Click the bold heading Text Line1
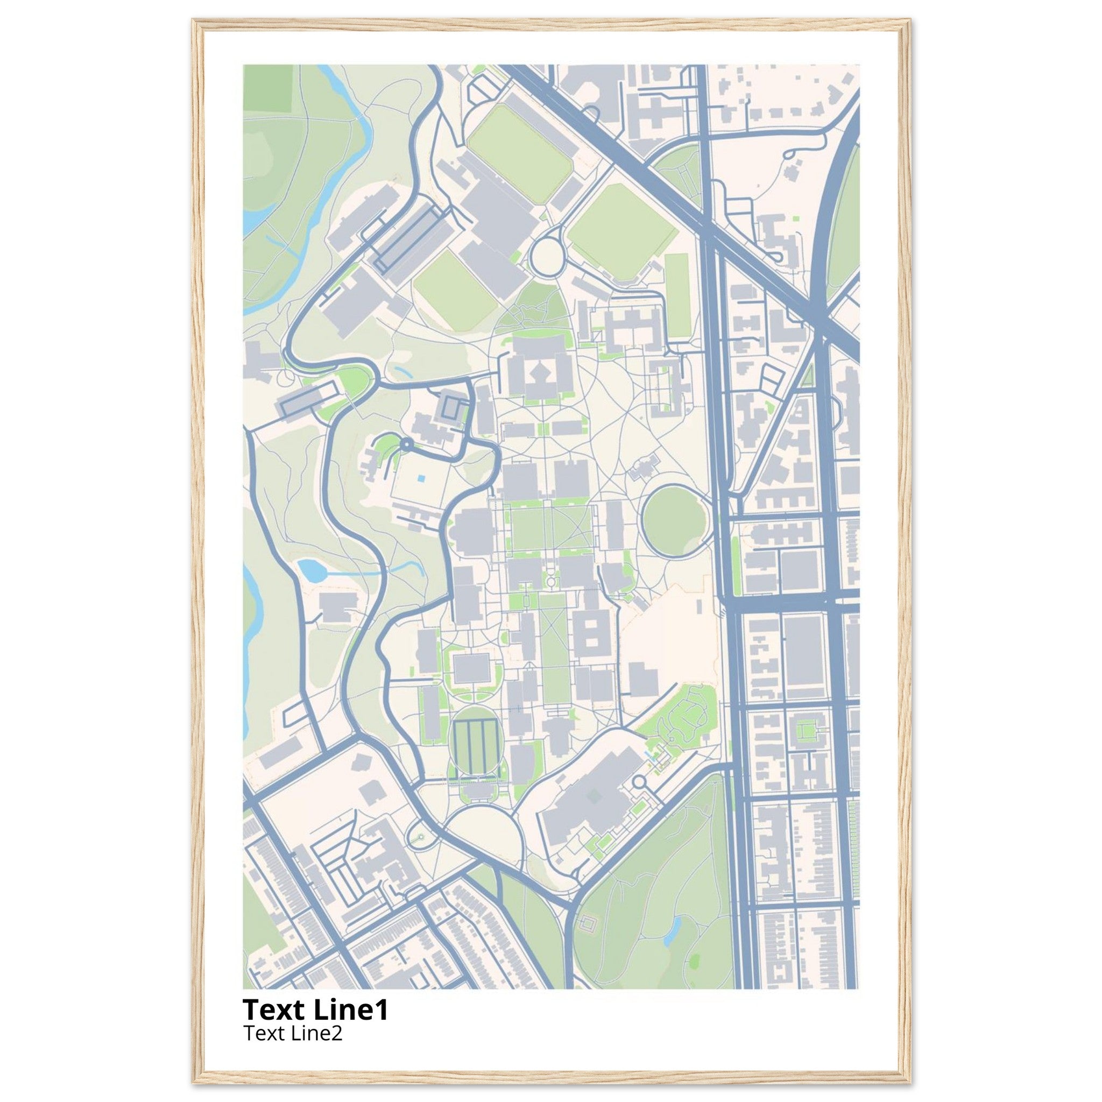tap(315, 1009)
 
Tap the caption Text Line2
tap(293, 1033)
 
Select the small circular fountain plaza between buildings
tap(551, 581)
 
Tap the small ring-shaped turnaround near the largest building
tap(639, 781)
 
